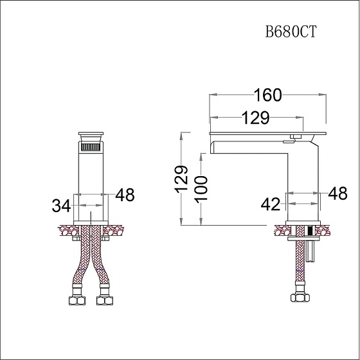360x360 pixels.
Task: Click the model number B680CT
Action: [291, 32]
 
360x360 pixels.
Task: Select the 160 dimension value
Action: [267, 95]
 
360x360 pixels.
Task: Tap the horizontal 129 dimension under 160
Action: [256, 118]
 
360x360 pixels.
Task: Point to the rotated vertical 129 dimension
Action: [181, 179]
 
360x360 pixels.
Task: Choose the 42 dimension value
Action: [271, 204]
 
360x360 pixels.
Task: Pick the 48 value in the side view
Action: [337, 193]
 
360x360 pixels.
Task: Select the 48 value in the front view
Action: [125, 195]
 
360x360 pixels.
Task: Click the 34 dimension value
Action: [61, 206]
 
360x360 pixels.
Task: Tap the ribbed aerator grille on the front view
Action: [91, 147]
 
